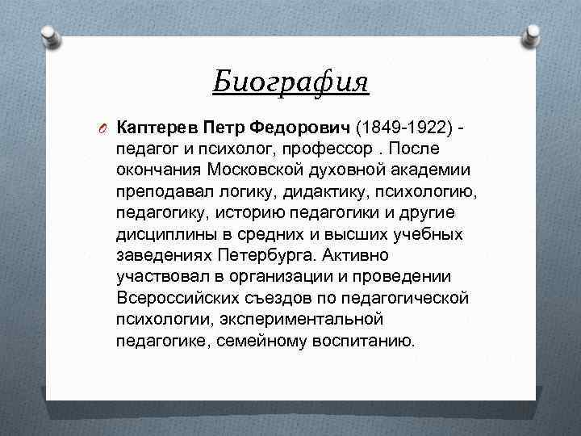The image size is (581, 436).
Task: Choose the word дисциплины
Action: pos(165,234)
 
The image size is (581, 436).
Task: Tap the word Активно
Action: pos(355,255)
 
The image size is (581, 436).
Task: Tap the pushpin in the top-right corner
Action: pos(532,33)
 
